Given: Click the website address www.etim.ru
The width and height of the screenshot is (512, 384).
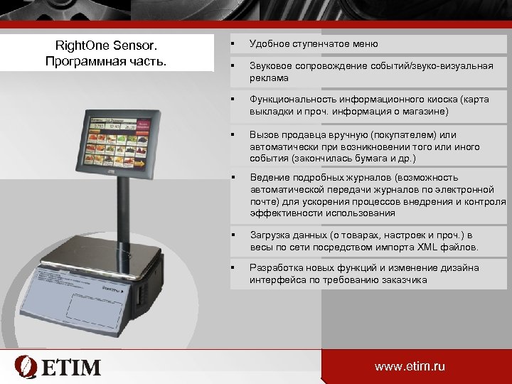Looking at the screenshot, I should [x=410, y=366].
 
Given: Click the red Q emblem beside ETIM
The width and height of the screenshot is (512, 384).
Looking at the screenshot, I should [x=27, y=366].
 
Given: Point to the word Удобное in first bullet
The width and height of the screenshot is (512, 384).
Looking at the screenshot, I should [x=269, y=44].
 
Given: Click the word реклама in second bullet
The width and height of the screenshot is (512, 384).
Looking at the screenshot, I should [x=268, y=78].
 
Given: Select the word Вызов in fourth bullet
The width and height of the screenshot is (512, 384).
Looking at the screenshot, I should [x=263, y=135].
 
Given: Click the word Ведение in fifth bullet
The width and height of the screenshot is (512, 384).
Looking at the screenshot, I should [x=267, y=178].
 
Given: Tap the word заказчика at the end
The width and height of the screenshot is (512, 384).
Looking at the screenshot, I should [x=405, y=280].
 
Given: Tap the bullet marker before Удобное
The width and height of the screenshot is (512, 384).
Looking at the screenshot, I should [x=233, y=44].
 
